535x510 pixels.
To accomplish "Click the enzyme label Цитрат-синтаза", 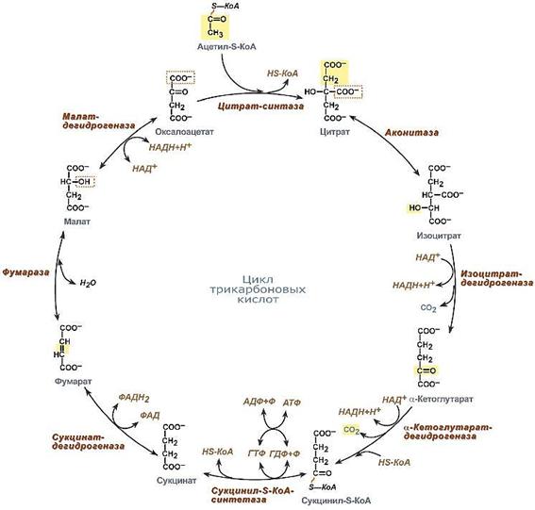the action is [x=260, y=107].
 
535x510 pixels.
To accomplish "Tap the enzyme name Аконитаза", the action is [x=411, y=133].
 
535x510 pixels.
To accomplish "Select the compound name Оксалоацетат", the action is [x=184, y=132].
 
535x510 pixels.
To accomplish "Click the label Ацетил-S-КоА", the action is [x=226, y=47].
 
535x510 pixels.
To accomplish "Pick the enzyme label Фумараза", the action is [x=25, y=272].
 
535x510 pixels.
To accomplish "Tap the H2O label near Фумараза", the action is [x=88, y=283].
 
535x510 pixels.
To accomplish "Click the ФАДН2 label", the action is [x=134, y=398].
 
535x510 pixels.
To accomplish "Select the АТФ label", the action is [x=292, y=403].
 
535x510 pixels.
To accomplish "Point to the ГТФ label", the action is [x=258, y=453].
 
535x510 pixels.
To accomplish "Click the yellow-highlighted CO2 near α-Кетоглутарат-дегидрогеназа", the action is [x=351, y=430].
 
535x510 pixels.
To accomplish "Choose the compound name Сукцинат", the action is [x=176, y=481].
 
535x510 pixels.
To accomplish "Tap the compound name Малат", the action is [x=77, y=222].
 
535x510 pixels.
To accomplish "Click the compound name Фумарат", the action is [x=74, y=381].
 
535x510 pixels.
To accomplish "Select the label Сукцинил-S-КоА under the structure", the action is [x=336, y=501].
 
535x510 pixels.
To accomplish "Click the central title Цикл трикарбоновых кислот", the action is [x=258, y=289].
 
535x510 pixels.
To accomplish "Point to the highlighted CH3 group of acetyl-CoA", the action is [x=215, y=33].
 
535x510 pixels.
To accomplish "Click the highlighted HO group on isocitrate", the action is [x=415, y=207].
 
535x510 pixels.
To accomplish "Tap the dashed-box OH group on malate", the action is [x=84, y=182].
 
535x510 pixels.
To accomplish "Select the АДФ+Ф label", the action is [x=259, y=402].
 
